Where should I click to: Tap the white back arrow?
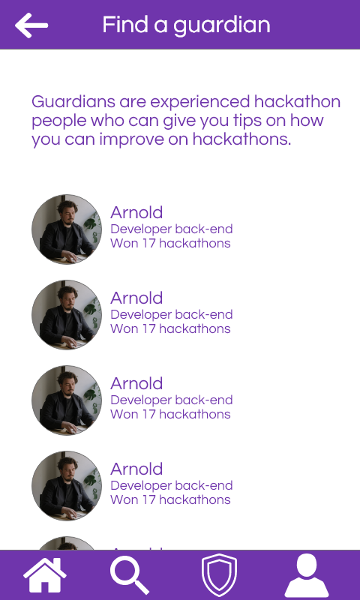[x=31, y=25]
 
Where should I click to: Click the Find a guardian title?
[x=186, y=25]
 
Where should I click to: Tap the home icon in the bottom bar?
[x=45, y=576]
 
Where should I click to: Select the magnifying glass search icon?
[x=130, y=576]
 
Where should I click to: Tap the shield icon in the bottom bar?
[x=219, y=576]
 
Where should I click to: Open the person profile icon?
[x=306, y=576]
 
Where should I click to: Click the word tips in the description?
[x=255, y=121]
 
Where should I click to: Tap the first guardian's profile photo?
[x=67, y=229]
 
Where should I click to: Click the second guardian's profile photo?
[x=67, y=315]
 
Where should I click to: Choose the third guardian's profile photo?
[x=67, y=400]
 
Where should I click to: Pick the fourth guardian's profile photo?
[x=67, y=486]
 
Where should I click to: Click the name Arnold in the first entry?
[x=136, y=212]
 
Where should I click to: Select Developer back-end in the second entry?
[x=171, y=314]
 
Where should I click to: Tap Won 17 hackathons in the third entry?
[x=170, y=414]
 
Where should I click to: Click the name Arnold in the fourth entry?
[x=136, y=469]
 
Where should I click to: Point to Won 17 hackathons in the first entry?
[x=170, y=243]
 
